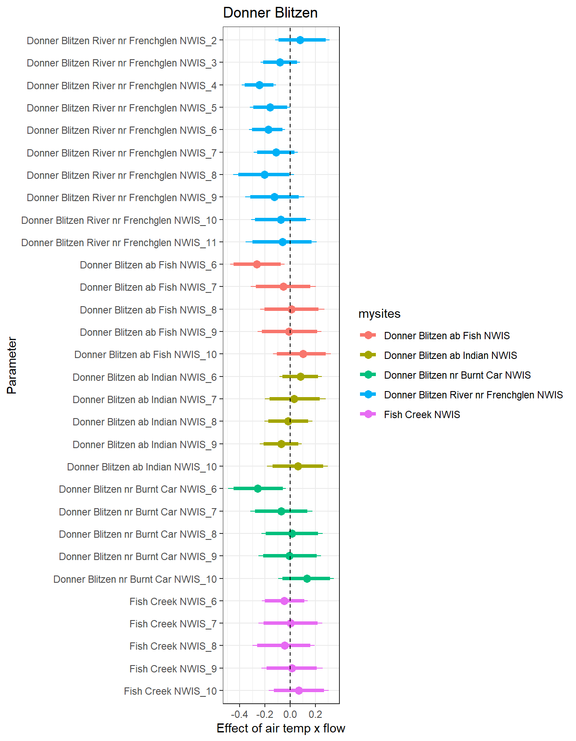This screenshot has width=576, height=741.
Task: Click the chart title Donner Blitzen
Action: (270, 13)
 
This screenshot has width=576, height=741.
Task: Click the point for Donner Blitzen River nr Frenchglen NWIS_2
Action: (300, 40)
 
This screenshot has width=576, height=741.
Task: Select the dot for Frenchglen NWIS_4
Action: (259, 85)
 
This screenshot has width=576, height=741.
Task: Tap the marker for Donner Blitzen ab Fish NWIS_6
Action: (257, 265)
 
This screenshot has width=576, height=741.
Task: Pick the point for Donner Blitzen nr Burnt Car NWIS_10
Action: (307, 578)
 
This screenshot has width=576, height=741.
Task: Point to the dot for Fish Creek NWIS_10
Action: (299, 691)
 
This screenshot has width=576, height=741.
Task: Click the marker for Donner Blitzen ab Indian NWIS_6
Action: (300, 377)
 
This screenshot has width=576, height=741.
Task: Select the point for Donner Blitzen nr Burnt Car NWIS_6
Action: (258, 488)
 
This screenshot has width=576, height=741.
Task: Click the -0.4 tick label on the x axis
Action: (239, 714)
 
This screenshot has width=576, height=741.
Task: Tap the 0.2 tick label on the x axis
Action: (315, 714)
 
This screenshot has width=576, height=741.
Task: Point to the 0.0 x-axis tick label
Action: (290, 714)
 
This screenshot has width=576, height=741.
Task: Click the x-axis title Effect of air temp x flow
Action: (281, 729)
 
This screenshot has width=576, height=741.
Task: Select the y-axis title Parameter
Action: (12, 365)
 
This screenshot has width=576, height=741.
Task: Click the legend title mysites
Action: (379, 314)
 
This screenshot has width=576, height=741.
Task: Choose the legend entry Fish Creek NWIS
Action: (422, 415)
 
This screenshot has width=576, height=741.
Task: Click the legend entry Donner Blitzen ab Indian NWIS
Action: (450, 355)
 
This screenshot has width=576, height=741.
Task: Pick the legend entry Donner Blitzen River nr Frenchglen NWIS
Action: (473, 395)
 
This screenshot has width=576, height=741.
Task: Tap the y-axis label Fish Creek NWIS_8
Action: (173, 646)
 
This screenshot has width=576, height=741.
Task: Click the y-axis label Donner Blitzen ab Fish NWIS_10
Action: (146, 355)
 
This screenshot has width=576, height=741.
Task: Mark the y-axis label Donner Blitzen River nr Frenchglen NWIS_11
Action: (119, 243)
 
